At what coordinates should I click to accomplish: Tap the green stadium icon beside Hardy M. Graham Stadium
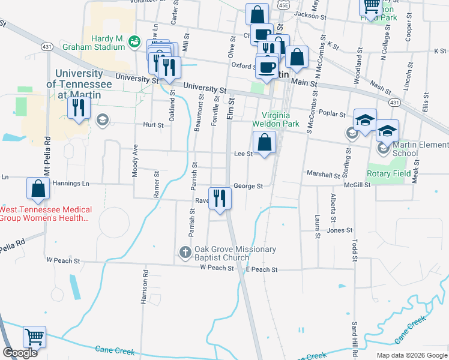tap(134, 40)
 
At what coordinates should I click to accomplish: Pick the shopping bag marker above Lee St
tap(264, 143)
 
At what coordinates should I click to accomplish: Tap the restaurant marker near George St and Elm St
tap(220, 197)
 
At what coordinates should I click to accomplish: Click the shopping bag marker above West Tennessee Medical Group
tap(38, 188)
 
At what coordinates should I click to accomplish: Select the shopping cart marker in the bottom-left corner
tap(35, 337)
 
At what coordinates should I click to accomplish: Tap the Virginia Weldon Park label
tap(279, 119)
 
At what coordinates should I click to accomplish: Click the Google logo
tap(20, 353)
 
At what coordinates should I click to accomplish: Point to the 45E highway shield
tap(284, 4)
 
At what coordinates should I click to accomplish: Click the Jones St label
tap(339, 230)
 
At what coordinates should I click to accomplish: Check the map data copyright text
tap(411, 355)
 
